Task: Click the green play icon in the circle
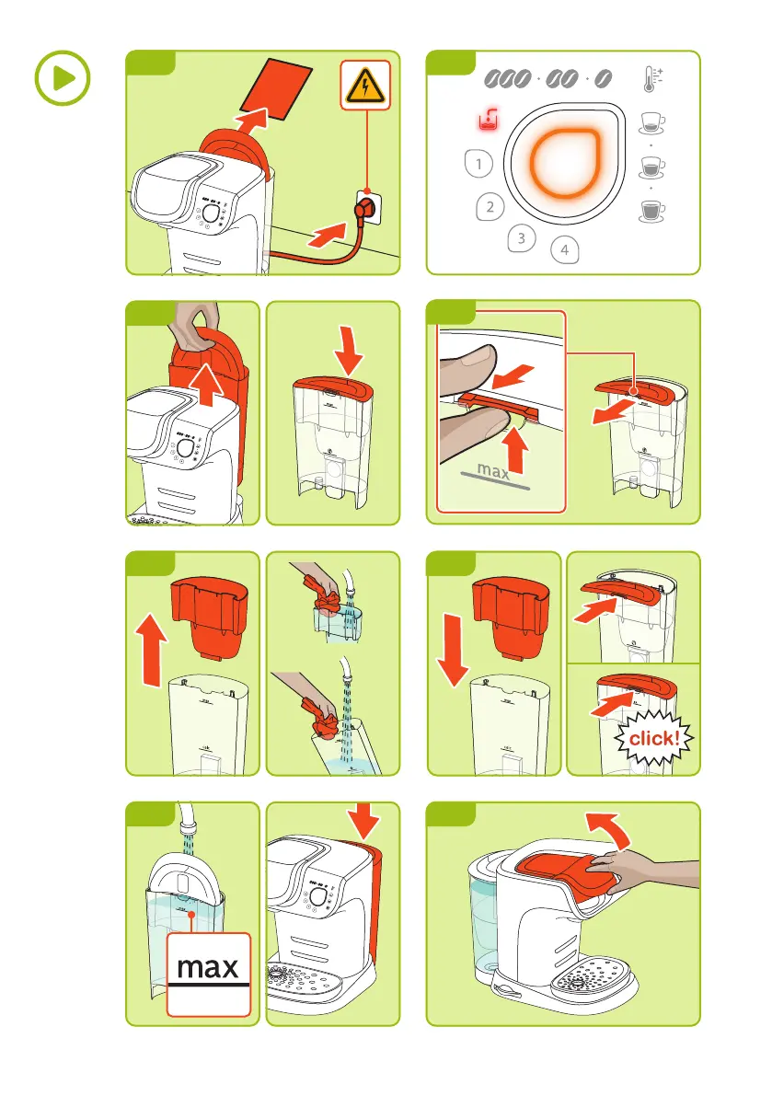click(63, 77)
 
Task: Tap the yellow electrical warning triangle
click(364, 87)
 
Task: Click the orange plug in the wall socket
click(364, 208)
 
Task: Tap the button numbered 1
click(478, 164)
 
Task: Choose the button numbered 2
click(490, 207)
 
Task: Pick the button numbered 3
click(521, 238)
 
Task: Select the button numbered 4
click(564, 249)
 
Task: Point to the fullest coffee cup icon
click(651, 211)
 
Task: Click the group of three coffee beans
click(508, 79)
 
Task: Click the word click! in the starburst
click(654, 738)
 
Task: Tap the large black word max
click(208, 967)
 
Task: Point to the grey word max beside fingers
click(493, 471)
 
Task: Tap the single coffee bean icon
click(603, 79)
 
